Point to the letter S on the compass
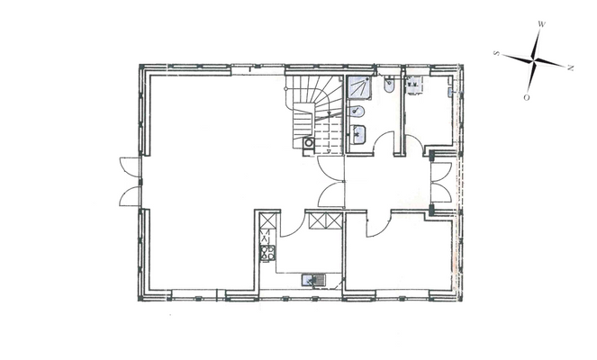point(497,54)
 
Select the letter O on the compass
point(527,96)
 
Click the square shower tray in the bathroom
point(359,87)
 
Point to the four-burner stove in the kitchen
point(267,253)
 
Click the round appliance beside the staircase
point(310,142)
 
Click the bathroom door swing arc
point(388,145)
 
